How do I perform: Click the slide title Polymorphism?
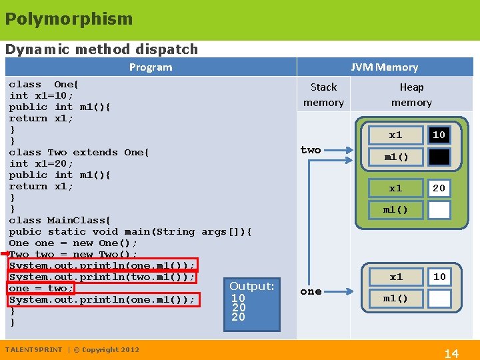(69, 19)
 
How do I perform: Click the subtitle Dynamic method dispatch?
(101, 49)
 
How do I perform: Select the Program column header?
(151, 67)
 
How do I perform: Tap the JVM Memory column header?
(385, 67)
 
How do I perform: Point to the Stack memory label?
(323, 95)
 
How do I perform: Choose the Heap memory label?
(411, 95)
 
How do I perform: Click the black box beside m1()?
(439, 157)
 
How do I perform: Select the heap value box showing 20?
(439, 188)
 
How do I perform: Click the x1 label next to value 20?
(396, 188)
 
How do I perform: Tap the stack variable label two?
(311, 150)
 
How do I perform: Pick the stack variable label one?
(311, 291)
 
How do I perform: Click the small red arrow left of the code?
(5, 254)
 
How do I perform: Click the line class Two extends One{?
(79, 152)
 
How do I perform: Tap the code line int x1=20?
(41, 163)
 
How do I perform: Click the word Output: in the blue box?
(252, 286)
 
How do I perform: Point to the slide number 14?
(451, 353)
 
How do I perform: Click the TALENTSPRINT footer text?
(33, 349)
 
